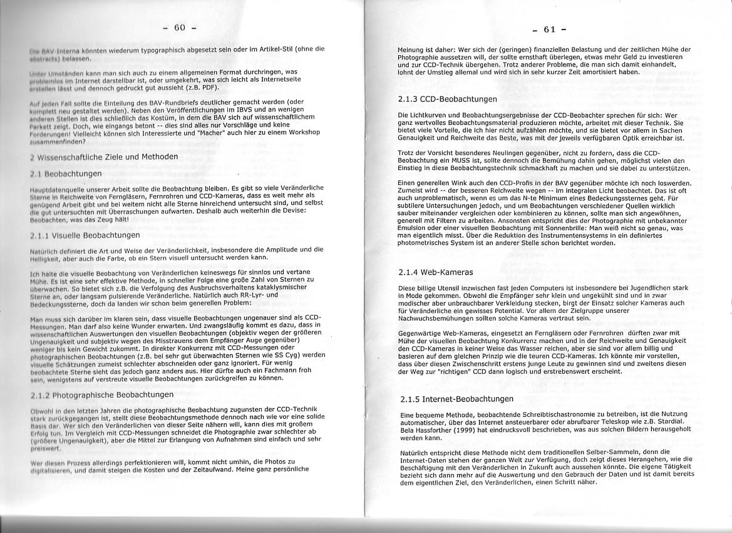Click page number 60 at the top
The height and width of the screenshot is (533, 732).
[180, 27]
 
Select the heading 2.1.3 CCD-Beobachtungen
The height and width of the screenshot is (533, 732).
[447, 99]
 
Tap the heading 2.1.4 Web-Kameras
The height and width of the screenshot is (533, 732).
[435, 273]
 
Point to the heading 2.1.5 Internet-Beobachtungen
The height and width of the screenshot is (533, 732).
[456, 399]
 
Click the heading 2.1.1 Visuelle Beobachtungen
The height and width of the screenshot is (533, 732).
[85, 235]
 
